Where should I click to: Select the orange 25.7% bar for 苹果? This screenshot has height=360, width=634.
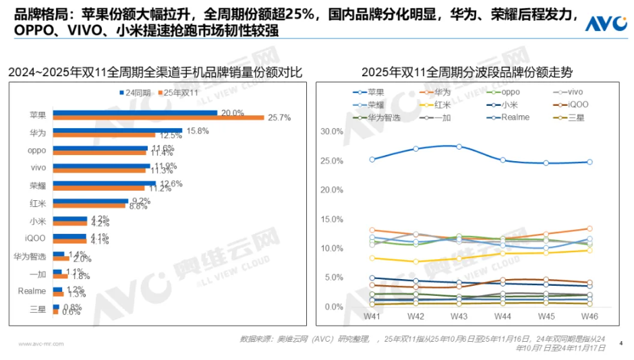coord(158,118)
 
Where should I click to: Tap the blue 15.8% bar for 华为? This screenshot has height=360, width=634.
coord(117,130)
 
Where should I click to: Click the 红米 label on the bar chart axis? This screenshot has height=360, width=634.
coord(38,203)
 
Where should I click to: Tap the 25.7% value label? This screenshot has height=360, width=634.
coord(278,118)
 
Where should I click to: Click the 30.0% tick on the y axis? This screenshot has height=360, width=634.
coord(333,131)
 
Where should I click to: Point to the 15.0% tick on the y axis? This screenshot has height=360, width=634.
coord(333,219)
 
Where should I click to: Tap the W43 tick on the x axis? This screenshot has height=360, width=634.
coord(459,316)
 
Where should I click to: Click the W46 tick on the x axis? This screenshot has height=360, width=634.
coord(589,316)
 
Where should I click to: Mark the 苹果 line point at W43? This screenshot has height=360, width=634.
coord(459,146)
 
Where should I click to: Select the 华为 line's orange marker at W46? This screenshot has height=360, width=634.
coord(589,229)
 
